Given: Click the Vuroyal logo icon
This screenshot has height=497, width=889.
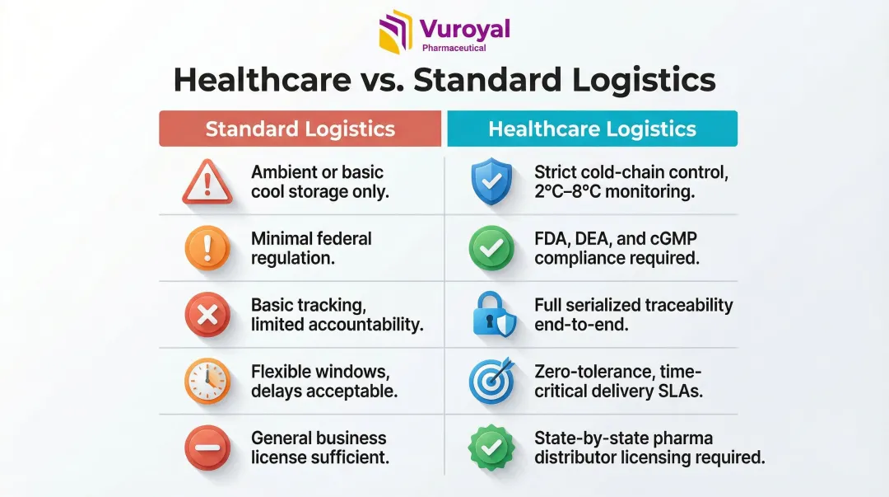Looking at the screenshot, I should click(396, 32).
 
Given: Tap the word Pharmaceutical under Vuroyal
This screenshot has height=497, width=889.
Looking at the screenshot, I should click(454, 48).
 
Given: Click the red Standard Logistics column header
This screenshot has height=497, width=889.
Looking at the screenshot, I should click(300, 129).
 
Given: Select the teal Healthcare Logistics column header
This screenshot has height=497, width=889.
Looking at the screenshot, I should click(592, 129).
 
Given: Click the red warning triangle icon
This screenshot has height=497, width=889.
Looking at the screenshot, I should click(207, 182).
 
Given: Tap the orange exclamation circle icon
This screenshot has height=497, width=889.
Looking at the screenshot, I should click(207, 248).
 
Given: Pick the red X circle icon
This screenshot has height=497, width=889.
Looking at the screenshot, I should click(207, 315).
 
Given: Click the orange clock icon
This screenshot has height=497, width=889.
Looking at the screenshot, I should click(207, 382).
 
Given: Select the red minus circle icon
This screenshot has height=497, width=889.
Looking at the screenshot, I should click(207, 448).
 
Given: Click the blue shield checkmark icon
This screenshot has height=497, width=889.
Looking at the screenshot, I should click(491, 182).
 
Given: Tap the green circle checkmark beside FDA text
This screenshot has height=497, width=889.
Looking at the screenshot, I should click(491, 248).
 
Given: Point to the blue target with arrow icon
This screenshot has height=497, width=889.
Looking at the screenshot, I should click(491, 381).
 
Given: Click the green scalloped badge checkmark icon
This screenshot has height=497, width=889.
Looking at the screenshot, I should click(491, 448).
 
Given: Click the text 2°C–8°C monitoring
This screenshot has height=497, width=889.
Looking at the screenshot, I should click(614, 192).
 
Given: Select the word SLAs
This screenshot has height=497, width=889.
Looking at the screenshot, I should click(679, 392).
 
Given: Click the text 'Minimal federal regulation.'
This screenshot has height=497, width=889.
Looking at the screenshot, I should click(311, 248).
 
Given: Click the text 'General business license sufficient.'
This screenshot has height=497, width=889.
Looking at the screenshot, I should click(319, 448).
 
